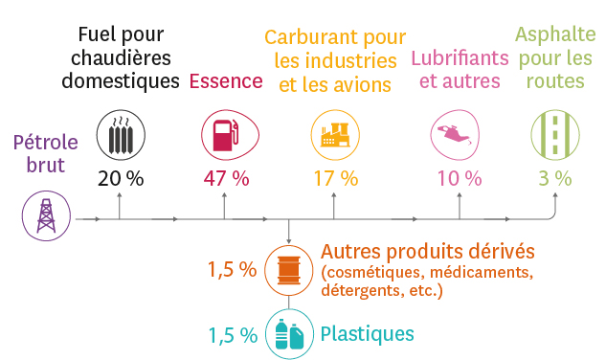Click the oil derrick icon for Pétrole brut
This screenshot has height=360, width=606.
[x=45, y=215]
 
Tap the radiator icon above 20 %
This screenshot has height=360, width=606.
[x=121, y=136]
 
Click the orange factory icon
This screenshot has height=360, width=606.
[x=335, y=135]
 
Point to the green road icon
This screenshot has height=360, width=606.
[x=554, y=134]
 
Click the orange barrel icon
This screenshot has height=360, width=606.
[x=288, y=268]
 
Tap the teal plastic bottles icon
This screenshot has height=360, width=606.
[x=288, y=333]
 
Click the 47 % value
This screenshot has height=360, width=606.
[x=226, y=178]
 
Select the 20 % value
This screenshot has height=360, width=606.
[x=121, y=178]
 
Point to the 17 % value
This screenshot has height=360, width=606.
[x=335, y=178]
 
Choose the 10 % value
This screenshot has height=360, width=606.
[x=460, y=178]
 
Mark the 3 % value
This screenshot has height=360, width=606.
[x=554, y=178]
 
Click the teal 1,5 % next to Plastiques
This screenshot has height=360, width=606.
[x=233, y=334]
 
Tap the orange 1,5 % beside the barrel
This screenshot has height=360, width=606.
[x=233, y=269]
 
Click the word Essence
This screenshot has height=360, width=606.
[x=226, y=81]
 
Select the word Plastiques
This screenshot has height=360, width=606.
[x=368, y=333]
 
